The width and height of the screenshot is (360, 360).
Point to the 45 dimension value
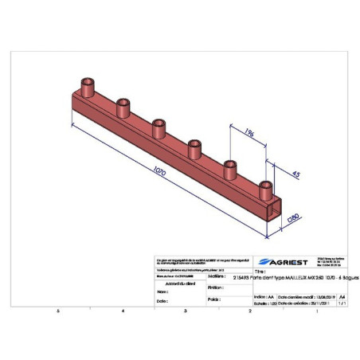(295, 174)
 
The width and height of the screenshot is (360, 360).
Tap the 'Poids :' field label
(213, 300)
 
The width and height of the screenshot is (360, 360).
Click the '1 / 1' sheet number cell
(343, 303)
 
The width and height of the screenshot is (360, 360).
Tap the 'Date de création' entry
(303, 303)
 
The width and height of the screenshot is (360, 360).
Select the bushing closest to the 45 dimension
(265, 189)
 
